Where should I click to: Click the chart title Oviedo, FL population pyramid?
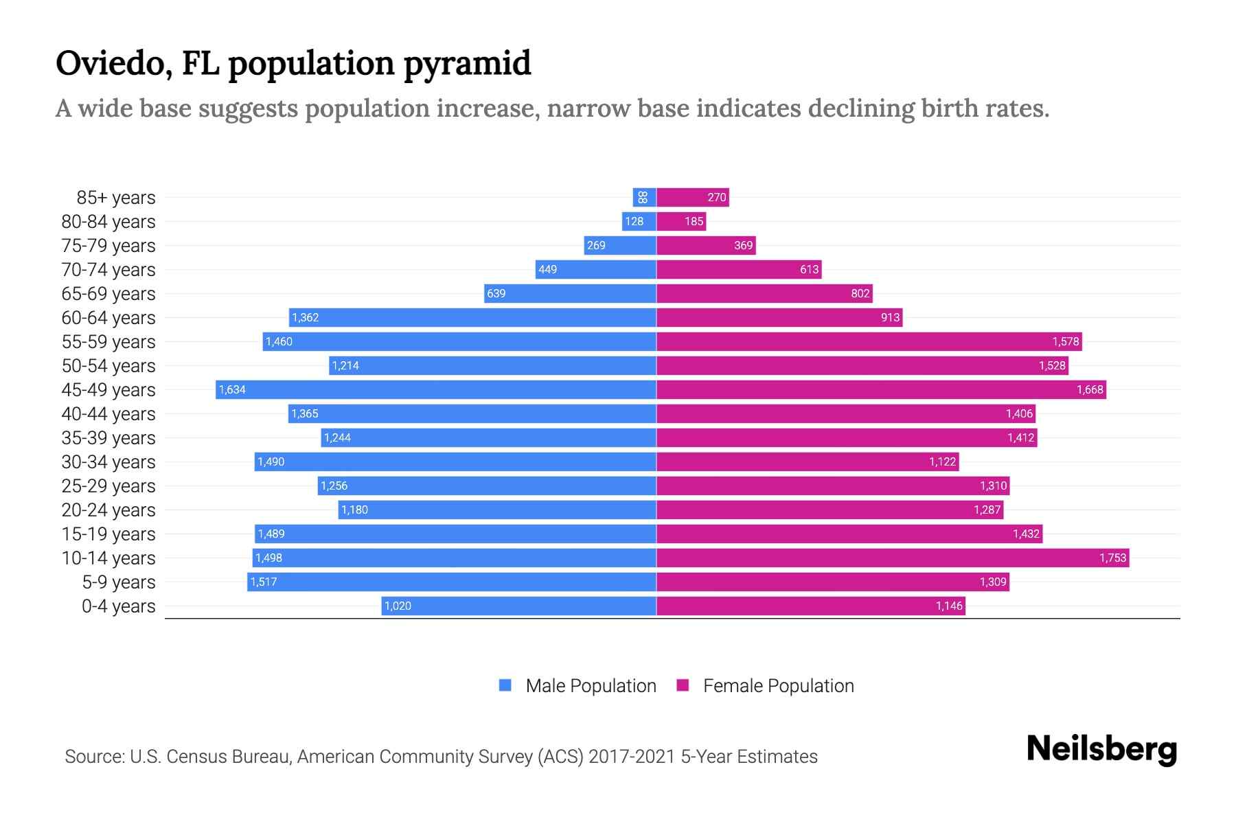pos(293,63)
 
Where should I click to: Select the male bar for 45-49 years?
pos(436,389)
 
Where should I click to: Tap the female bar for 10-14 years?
pos(893,558)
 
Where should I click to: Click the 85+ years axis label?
pos(116,198)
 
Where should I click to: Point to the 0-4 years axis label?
pos(118,606)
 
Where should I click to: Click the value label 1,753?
pos(1112,558)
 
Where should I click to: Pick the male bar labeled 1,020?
pos(518,606)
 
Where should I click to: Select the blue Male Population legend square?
pos(505,685)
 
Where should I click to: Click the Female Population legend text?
pos(778,686)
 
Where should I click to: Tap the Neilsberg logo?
pos(1101,749)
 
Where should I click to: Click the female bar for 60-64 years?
pos(779,317)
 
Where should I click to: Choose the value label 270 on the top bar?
pos(716,198)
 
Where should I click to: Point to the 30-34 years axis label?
pos(108,462)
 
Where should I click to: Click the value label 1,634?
pos(232,390)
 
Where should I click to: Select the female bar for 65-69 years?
pos(764,293)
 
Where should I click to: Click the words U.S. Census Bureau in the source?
pos(211,757)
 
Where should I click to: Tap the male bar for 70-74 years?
pos(596,269)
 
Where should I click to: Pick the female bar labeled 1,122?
pos(808,461)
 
